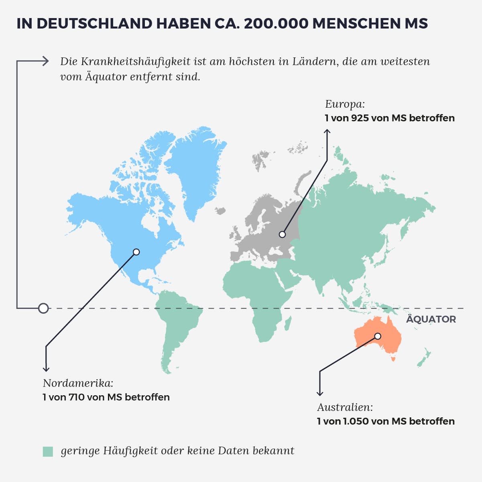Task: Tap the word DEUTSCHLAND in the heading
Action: [94, 23]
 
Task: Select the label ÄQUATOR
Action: [431, 319]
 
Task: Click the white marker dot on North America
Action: [136, 252]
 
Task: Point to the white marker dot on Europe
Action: [283, 234]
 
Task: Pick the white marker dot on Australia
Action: [378, 336]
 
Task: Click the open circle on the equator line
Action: [43, 308]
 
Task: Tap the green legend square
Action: [48, 451]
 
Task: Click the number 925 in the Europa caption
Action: [360, 118]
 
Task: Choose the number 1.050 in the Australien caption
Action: [356, 421]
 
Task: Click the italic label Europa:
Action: [345, 104]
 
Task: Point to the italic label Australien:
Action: [345, 407]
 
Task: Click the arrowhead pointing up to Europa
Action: [327, 131]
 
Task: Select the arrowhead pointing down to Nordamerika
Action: [46, 368]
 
